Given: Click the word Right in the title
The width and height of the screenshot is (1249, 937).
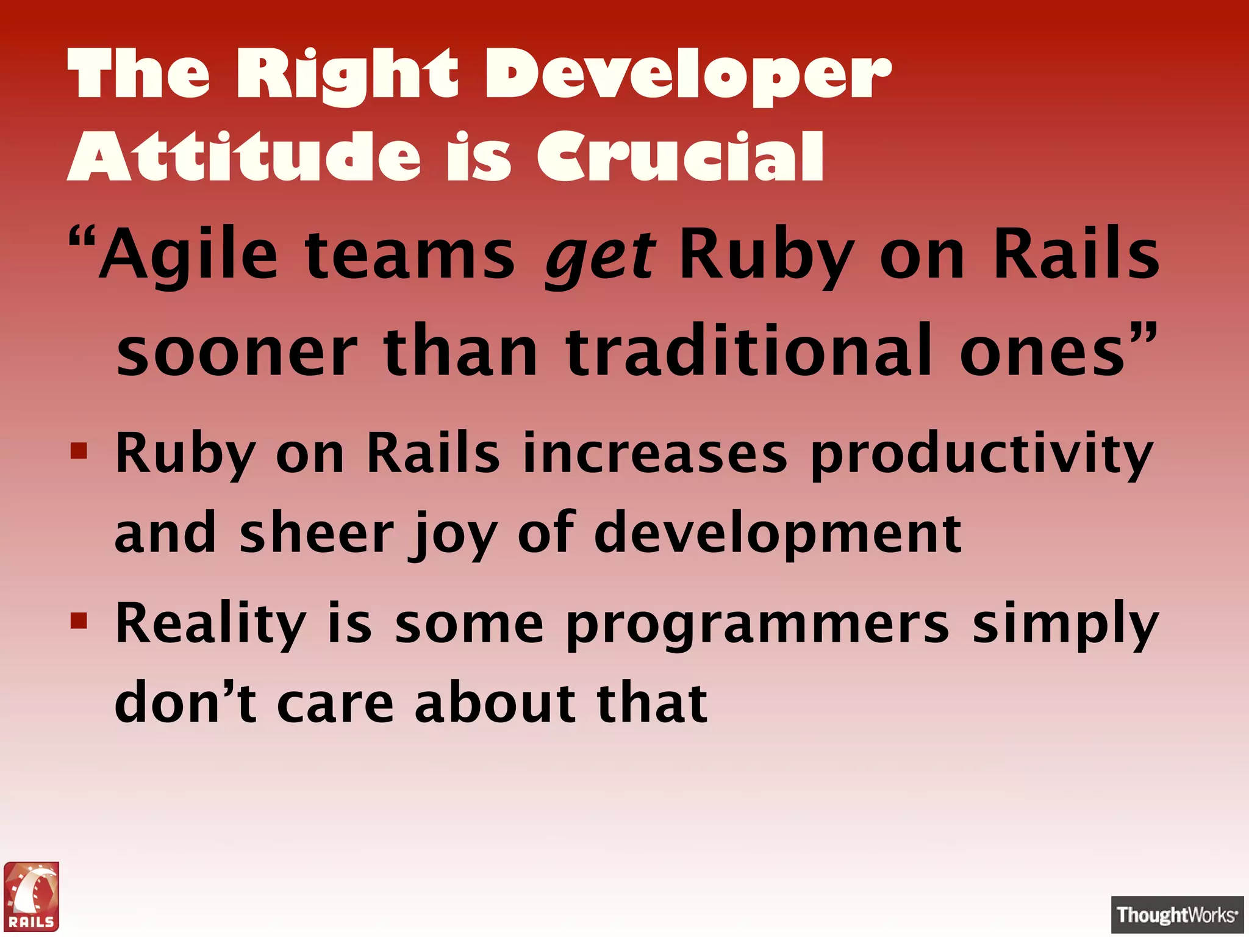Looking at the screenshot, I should pyautogui.click(x=346, y=76).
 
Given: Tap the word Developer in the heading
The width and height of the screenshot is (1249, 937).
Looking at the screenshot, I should pyautogui.click(x=687, y=76).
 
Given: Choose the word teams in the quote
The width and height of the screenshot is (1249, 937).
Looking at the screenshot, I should pyautogui.click(x=410, y=255).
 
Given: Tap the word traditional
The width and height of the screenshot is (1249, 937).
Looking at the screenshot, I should pyautogui.click(x=749, y=351).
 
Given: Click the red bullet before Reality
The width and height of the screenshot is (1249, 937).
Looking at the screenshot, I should pyautogui.click(x=79, y=622).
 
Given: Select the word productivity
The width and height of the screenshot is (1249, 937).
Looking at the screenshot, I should pyautogui.click(x=981, y=454).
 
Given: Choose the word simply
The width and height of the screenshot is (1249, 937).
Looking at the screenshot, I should pyautogui.click(x=1064, y=625).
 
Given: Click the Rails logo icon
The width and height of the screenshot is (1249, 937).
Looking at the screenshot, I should pyautogui.click(x=32, y=896).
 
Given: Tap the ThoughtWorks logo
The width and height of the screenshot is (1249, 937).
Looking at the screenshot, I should pyautogui.click(x=1176, y=914).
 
